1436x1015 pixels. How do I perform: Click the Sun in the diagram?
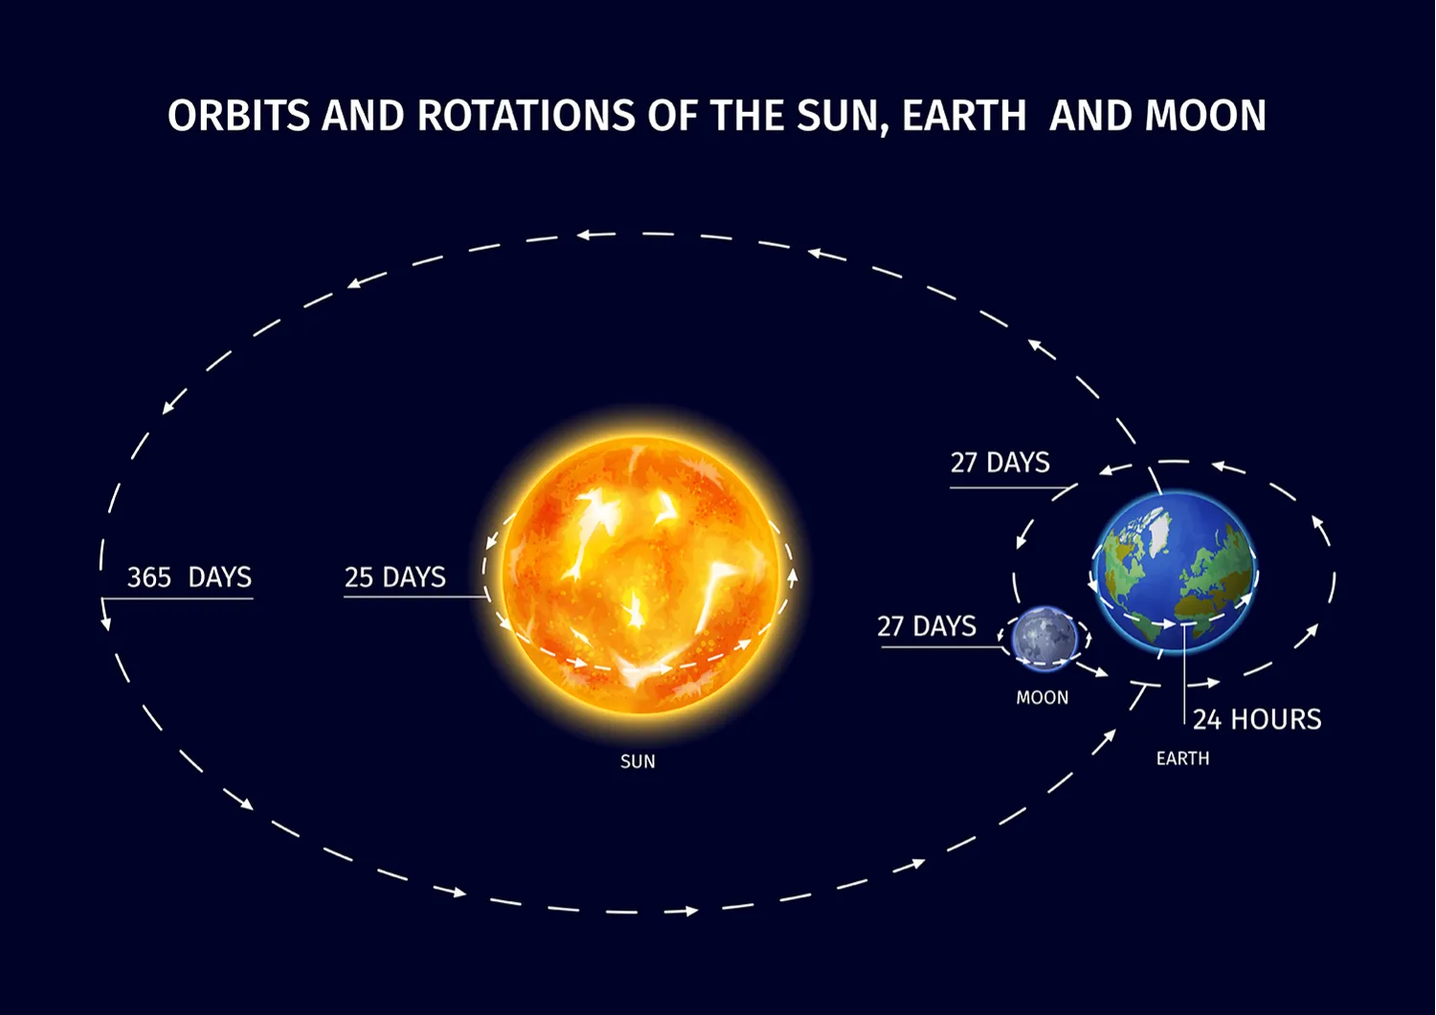pyautogui.click(x=639, y=575)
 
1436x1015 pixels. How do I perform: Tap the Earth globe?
pyautogui.click(x=1175, y=573)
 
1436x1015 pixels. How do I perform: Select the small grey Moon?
pyautogui.click(x=1044, y=636)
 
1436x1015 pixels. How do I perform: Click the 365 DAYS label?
pyautogui.click(x=189, y=577)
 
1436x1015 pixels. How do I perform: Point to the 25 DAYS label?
pyautogui.click(x=394, y=577)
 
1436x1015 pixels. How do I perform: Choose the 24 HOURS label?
pyautogui.click(x=1257, y=719)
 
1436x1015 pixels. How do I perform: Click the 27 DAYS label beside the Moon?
pyautogui.click(x=926, y=626)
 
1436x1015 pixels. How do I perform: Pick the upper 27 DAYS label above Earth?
pyautogui.click(x=999, y=462)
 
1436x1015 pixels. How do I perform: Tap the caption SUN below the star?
pyautogui.click(x=638, y=761)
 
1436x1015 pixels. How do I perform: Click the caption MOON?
pyautogui.click(x=1042, y=698)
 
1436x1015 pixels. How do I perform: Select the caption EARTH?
pyautogui.click(x=1182, y=758)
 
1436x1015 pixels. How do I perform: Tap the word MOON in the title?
pyautogui.click(x=1205, y=116)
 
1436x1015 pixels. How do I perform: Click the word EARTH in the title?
pyautogui.click(x=963, y=116)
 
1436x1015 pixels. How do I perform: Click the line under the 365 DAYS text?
pyautogui.click(x=177, y=598)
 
